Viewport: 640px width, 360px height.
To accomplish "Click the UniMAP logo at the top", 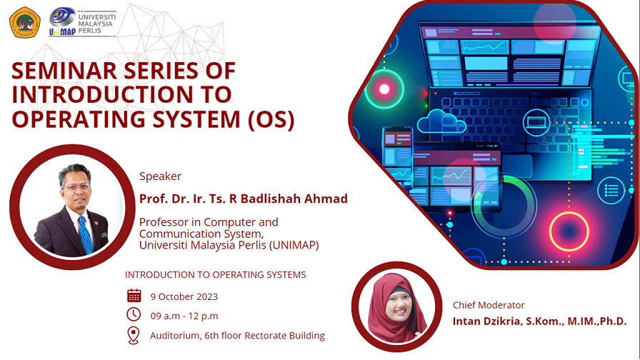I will point(81,21).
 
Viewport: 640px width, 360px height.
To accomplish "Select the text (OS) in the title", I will point(270,119).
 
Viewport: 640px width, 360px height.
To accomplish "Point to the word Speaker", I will point(160,176).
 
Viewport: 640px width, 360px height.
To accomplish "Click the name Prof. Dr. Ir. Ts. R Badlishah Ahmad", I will point(243,199).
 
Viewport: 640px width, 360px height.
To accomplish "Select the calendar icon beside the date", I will point(134,296).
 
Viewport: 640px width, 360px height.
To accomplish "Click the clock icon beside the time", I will point(134,315).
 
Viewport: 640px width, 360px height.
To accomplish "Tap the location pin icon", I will point(134,335).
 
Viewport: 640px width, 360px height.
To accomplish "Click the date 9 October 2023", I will point(184,296).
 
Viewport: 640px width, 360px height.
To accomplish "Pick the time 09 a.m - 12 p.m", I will point(184,316).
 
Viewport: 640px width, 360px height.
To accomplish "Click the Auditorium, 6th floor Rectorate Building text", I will point(237,335).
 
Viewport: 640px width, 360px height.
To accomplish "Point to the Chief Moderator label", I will point(489,305).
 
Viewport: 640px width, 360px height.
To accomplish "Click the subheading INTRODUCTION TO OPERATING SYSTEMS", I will point(215,274).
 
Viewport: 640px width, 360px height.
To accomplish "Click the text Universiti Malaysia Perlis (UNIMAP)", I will point(229,245).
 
